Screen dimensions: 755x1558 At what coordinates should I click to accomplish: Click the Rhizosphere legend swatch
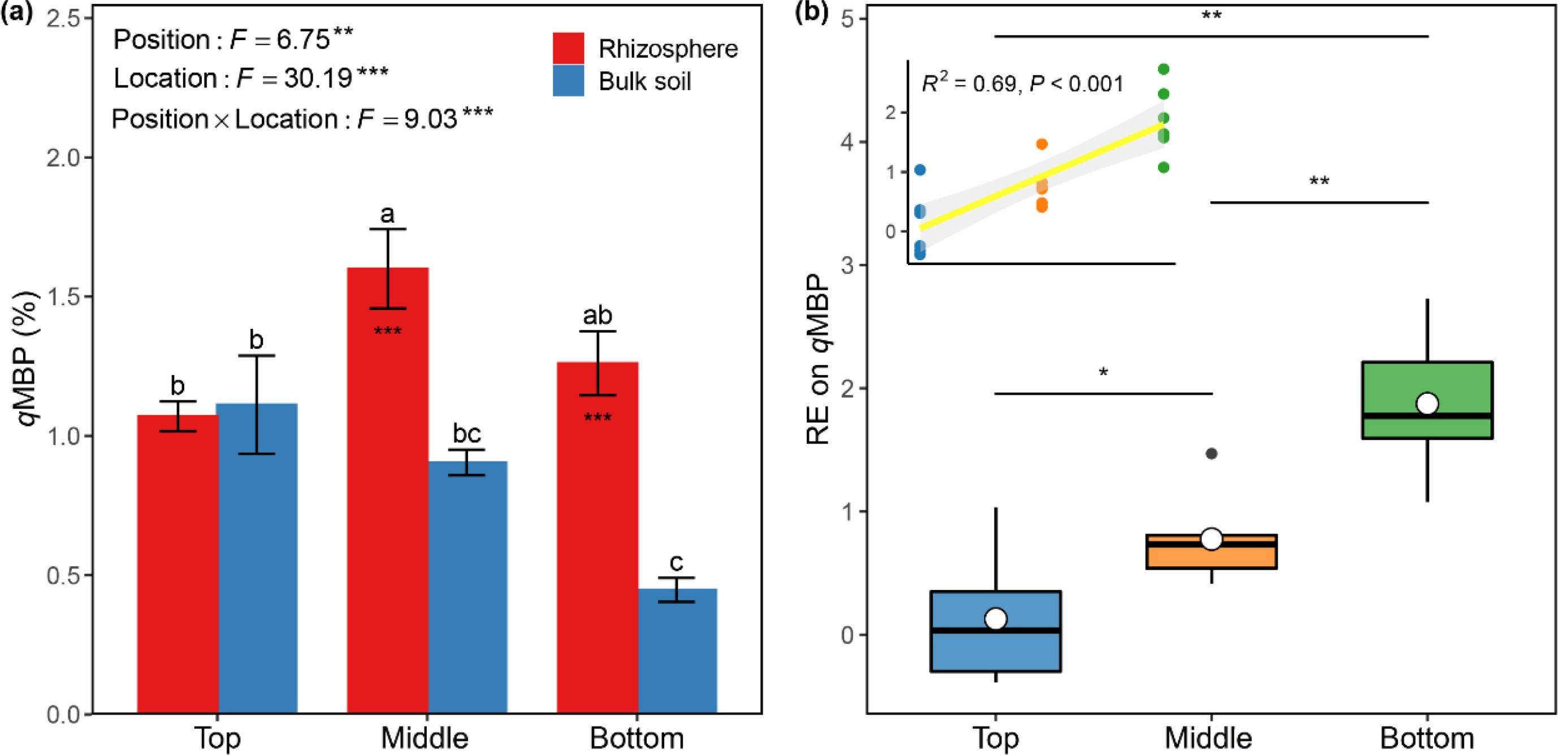click(569, 49)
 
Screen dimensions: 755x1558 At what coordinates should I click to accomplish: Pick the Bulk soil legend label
click(644, 81)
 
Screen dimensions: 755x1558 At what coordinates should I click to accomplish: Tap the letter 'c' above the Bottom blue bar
click(676, 562)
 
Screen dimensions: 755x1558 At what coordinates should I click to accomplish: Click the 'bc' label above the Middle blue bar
click(467, 433)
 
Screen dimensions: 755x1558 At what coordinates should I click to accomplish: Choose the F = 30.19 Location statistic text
click(251, 79)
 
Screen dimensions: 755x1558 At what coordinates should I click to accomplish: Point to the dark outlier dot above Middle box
click(1211, 453)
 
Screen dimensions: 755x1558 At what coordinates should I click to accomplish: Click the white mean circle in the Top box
click(996, 618)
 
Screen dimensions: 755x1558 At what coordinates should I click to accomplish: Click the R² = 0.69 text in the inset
click(1022, 84)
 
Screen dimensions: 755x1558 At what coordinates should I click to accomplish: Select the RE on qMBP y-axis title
click(819, 359)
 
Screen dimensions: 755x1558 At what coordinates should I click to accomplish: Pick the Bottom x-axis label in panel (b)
click(1427, 737)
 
